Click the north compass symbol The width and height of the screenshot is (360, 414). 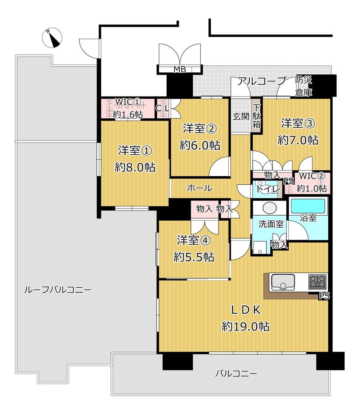52,38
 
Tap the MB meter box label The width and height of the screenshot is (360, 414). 180,69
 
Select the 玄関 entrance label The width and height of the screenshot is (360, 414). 241,116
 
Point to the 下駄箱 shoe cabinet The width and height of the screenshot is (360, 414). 257,116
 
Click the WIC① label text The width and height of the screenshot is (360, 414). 128,102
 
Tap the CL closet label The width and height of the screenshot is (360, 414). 162,108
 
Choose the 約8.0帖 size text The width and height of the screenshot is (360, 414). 135,167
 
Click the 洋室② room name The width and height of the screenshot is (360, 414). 200,129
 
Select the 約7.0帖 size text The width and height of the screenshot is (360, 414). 298,140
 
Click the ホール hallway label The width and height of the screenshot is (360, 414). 200,188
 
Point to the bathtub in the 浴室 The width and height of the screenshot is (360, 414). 308,206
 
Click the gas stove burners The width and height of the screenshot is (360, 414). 318,282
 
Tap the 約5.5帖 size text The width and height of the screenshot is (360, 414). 194,257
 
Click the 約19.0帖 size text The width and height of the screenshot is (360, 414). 246,327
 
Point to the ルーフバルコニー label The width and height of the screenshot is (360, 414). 58,290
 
